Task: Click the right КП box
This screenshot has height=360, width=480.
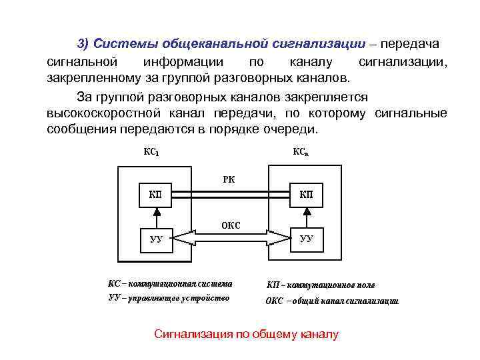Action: [306, 195]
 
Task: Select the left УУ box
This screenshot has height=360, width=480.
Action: [155, 238]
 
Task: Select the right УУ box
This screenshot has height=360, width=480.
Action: [306, 238]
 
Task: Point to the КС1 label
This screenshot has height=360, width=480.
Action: [151, 152]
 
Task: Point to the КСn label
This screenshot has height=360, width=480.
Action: [301, 152]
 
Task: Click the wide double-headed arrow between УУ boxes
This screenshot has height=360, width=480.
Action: [231, 238]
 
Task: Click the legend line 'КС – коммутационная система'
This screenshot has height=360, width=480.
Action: [171, 283]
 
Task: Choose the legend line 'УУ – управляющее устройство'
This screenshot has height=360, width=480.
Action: [169, 298]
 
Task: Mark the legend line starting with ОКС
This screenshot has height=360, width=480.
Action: [332, 301]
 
